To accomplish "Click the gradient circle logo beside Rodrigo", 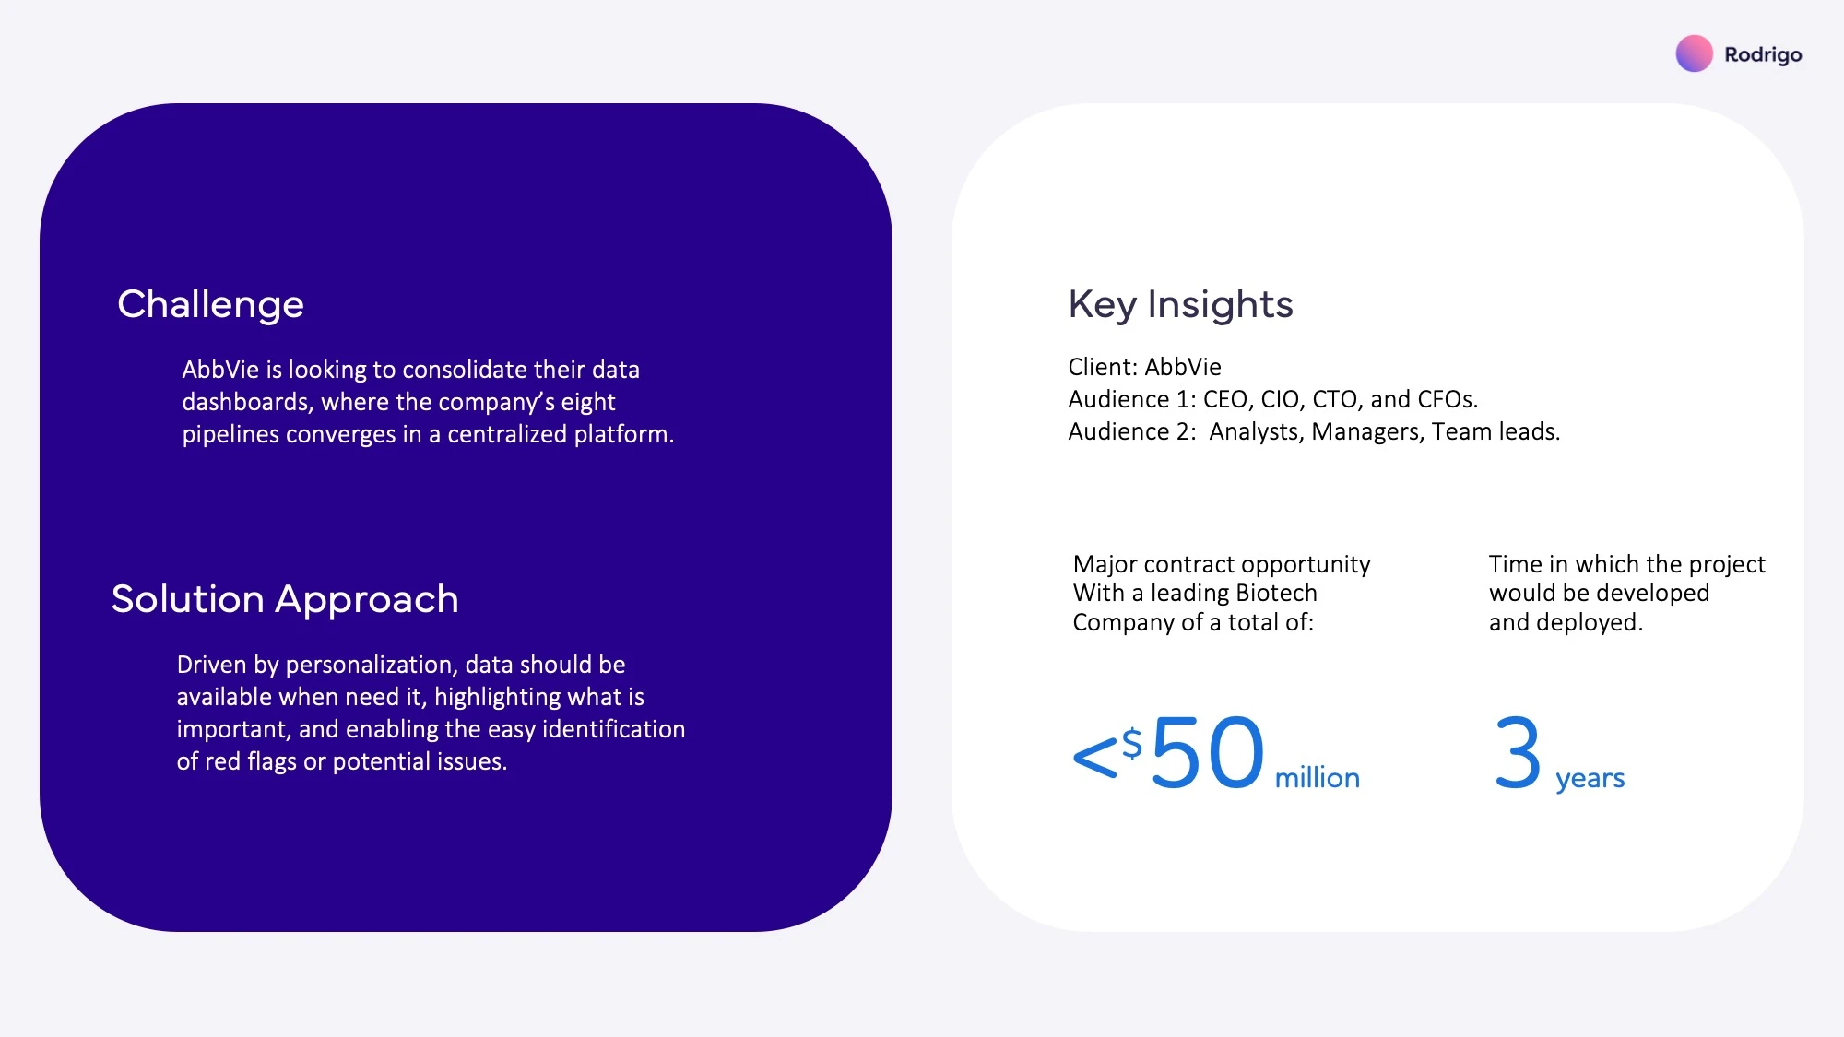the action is coord(1694,53).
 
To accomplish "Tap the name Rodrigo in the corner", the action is coord(1763,55).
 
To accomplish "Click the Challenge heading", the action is coord(210,305).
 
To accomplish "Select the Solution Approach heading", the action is coord(285,600).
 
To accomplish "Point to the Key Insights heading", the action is coord(1180,305).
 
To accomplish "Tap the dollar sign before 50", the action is coord(1132,743).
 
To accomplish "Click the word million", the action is coord(1317,778).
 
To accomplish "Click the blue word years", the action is coord(1590,780).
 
